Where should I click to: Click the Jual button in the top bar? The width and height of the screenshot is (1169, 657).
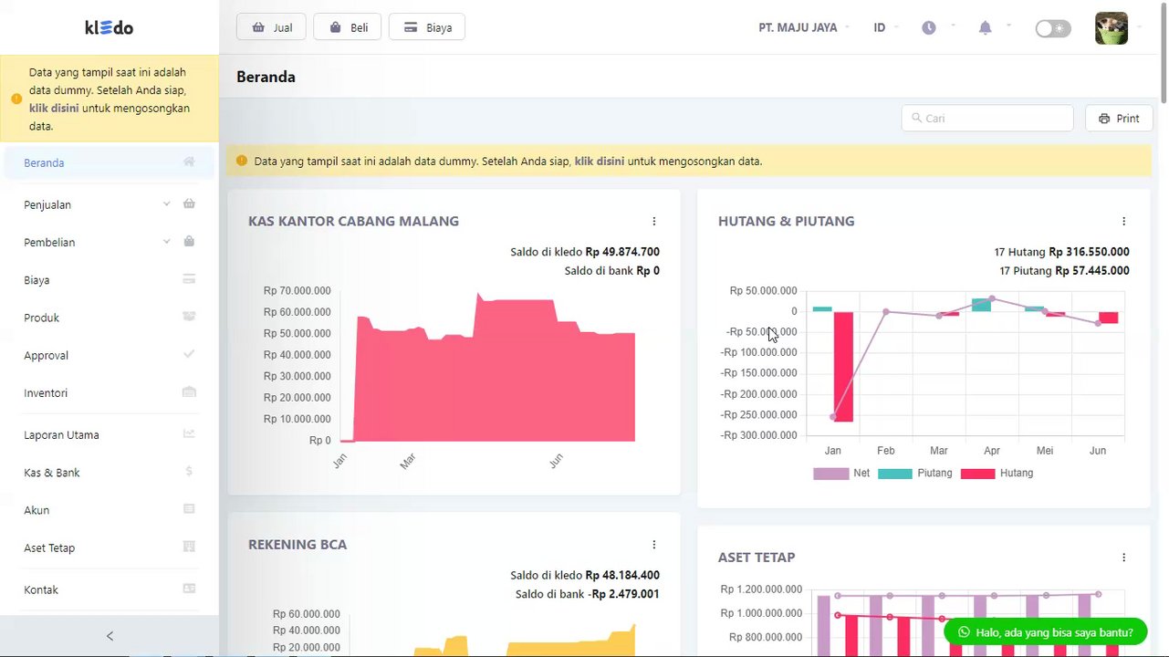271,27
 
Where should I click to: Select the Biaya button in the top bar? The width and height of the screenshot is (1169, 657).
427,27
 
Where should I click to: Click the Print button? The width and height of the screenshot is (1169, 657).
1119,119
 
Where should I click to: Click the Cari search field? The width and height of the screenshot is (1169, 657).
987,119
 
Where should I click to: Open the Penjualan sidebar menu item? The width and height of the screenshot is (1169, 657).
47,204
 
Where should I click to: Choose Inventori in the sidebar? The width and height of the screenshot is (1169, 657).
46,393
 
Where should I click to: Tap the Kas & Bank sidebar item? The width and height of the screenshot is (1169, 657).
52,473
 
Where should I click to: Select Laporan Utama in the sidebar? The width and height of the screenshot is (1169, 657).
61,435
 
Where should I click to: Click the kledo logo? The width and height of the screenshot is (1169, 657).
110,27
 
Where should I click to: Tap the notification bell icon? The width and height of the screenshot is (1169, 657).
985,27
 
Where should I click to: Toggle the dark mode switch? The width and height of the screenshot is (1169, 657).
1052,28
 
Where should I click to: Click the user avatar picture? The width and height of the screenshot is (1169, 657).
1111,28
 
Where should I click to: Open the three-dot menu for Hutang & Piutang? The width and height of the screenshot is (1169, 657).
1123,221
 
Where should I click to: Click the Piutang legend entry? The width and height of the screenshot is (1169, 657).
915,474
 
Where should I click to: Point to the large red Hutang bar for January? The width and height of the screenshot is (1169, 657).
843,365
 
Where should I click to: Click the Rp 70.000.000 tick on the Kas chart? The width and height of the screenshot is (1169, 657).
297,291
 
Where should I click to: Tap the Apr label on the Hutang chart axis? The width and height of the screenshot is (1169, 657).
992,451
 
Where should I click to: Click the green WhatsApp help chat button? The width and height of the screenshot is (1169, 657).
1045,631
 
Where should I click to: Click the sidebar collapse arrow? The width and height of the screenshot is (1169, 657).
110,636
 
